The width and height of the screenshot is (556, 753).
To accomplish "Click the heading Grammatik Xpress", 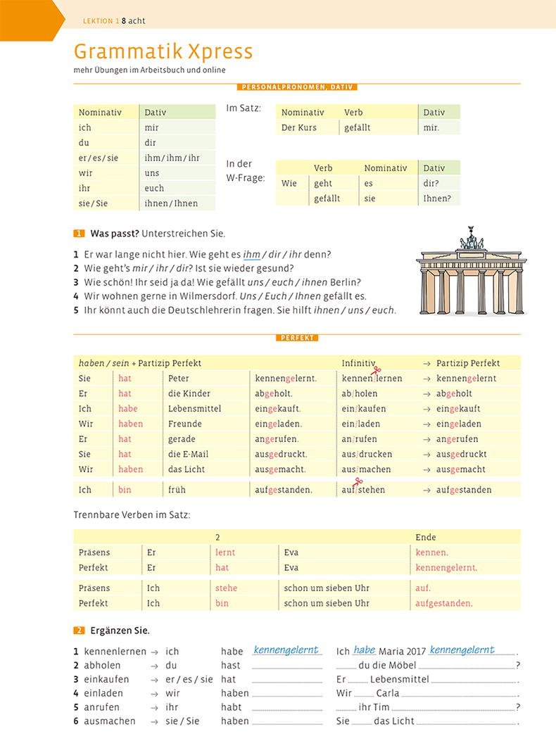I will (x=163, y=51).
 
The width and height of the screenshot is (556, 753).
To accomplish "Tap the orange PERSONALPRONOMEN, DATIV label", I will (x=297, y=87).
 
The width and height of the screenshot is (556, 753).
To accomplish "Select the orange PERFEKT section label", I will (x=297, y=338).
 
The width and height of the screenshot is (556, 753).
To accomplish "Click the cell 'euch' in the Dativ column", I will (x=154, y=188).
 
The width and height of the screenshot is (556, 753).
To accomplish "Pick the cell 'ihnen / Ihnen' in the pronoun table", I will (x=171, y=203).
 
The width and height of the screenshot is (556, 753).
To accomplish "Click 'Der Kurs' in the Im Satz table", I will (x=299, y=127).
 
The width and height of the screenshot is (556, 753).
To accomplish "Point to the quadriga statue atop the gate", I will (x=471, y=239).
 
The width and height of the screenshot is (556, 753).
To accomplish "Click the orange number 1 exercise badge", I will (x=79, y=234).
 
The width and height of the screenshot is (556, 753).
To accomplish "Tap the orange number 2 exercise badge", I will (x=79, y=631).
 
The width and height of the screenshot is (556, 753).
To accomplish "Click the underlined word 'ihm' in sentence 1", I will (x=251, y=254).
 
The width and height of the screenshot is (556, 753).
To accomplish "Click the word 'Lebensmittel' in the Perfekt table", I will (x=194, y=409).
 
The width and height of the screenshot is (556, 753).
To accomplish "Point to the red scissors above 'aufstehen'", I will (x=358, y=481).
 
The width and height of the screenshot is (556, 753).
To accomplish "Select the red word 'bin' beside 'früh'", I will (x=125, y=490).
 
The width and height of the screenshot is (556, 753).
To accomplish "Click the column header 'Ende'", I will (x=426, y=538).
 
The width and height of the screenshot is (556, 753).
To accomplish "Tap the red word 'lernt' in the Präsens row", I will (x=225, y=552).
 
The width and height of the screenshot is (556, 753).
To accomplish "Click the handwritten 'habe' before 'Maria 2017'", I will (x=365, y=650).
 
